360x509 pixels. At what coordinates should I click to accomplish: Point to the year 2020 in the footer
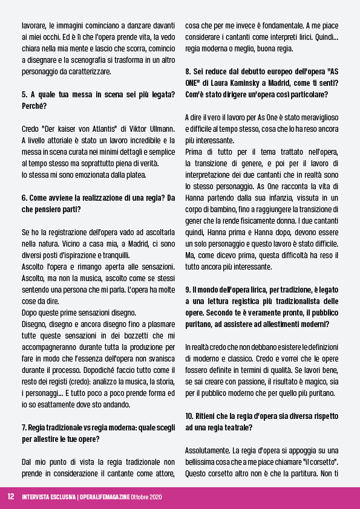pos(154,497)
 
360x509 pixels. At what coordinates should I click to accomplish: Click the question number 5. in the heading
pos(24,94)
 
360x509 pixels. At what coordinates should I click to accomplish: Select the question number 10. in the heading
pos(189,417)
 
